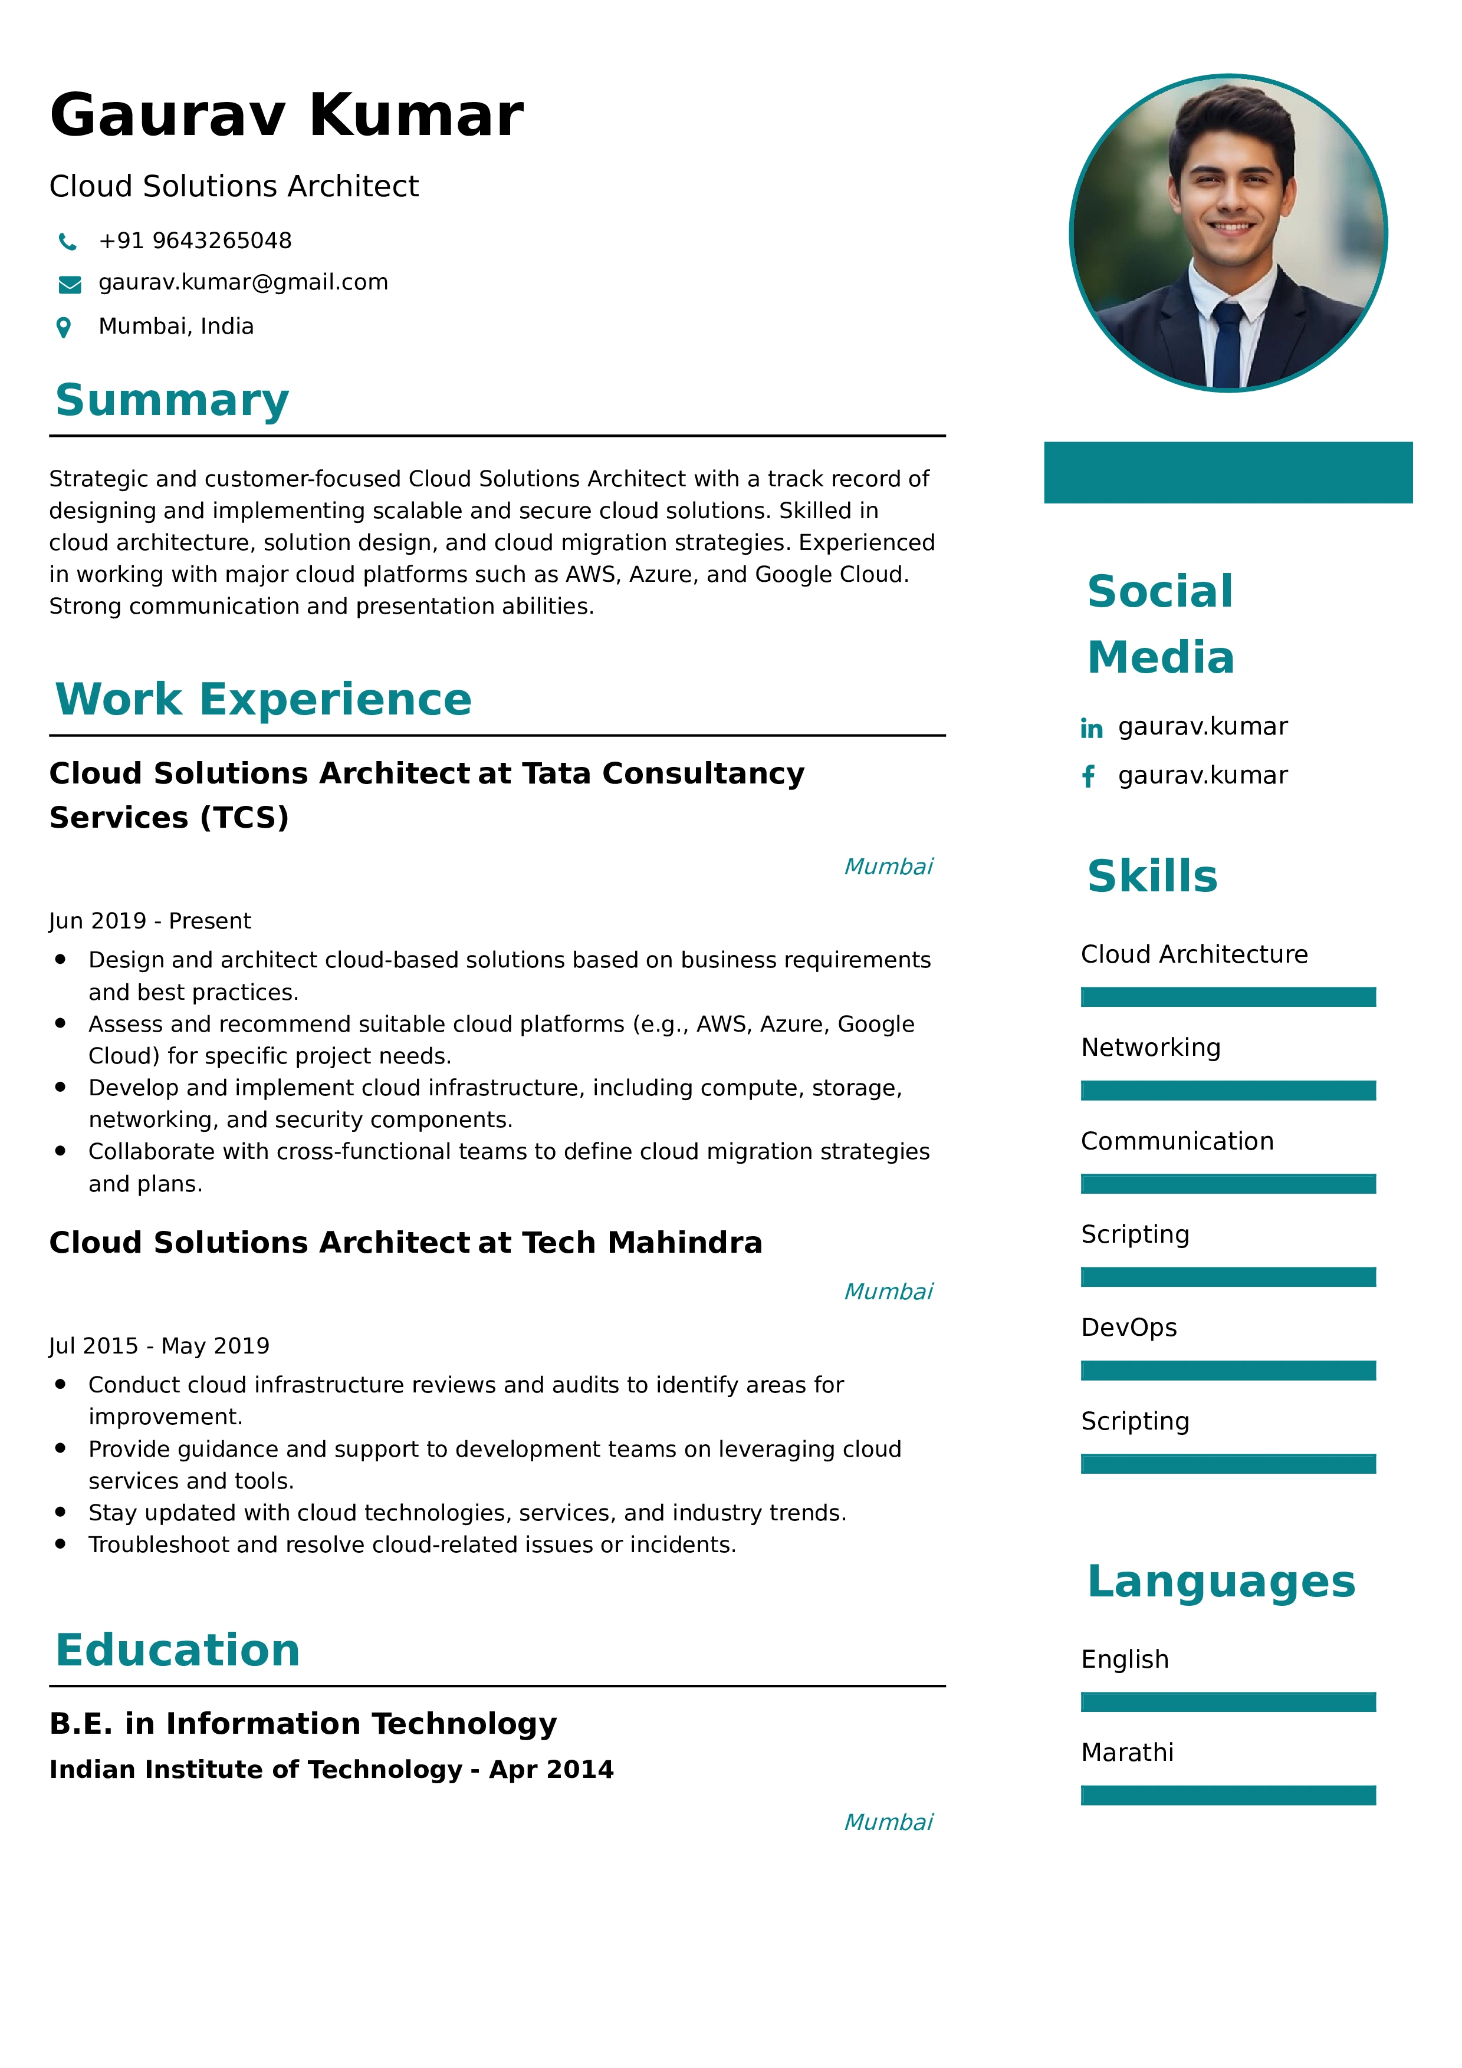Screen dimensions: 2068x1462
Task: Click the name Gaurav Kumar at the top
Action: (287, 116)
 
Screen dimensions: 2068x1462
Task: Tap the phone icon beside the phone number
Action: (68, 241)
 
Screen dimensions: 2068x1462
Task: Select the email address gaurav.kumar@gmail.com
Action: (243, 283)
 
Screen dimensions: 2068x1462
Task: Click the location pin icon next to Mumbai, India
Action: (64, 327)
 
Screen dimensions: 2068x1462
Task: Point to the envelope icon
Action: (70, 285)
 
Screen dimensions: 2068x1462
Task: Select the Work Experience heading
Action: (263, 699)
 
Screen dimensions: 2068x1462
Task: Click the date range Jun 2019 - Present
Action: (150, 920)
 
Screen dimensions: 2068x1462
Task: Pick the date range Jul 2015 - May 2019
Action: (159, 1346)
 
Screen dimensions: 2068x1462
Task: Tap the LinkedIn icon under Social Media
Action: (1091, 728)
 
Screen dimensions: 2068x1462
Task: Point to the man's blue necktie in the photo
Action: (1227, 346)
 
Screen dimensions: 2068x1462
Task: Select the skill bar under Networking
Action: (1228, 1091)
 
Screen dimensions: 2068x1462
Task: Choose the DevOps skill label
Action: (1129, 1328)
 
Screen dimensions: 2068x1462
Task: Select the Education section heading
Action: (178, 1650)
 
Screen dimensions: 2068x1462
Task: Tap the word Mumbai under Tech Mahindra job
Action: (888, 1292)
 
